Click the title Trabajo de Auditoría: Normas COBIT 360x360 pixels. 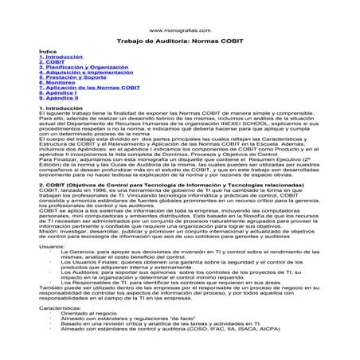(x=179, y=40)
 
